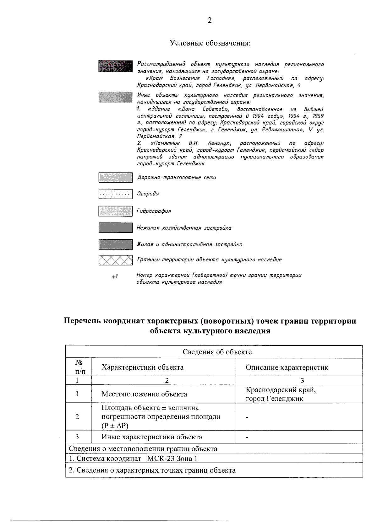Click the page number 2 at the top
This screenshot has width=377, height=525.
pyautogui.click(x=210, y=21)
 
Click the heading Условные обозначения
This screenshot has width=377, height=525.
pyautogui.click(x=210, y=43)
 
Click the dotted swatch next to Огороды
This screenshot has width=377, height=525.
pyautogui.click(x=115, y=194)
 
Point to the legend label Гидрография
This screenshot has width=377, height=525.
pyautogui.click(x=154, y=211)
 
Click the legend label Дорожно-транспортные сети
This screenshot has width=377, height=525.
pyautogui.click(x=177, y=178)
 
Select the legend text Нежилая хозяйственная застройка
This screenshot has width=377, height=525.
pyautogui.click(x=184, y=228)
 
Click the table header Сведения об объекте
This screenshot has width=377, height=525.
pyautogui.click(x=217, y=352)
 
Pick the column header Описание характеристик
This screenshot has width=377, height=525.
pyautogui.click(x=287, y=367)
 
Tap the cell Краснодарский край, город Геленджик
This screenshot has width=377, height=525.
pyautogui.click(x=280, y=394)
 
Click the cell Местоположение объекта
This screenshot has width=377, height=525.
pyautogui.click(x=144, y=394)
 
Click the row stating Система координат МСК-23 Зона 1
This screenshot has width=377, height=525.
pyautogui.click(x=133, y=458)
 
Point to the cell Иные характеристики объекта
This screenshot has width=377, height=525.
pyautogui.click(x=151, y=437)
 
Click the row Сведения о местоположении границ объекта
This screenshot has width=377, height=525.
pyautogui.click(x=143, y=449)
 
